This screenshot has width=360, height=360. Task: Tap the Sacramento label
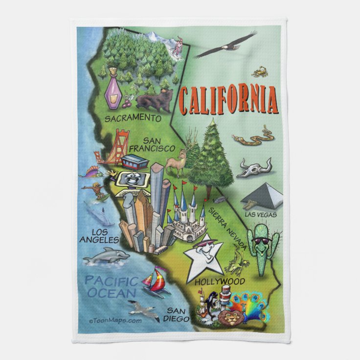(x=134, y=118)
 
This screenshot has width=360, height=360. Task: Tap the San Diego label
(x=179, y=314)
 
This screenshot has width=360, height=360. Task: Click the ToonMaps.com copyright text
(x=115, y=321)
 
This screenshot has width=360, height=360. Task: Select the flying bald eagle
(x=225, y=45)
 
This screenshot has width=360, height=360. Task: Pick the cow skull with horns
(x=253, y=168)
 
